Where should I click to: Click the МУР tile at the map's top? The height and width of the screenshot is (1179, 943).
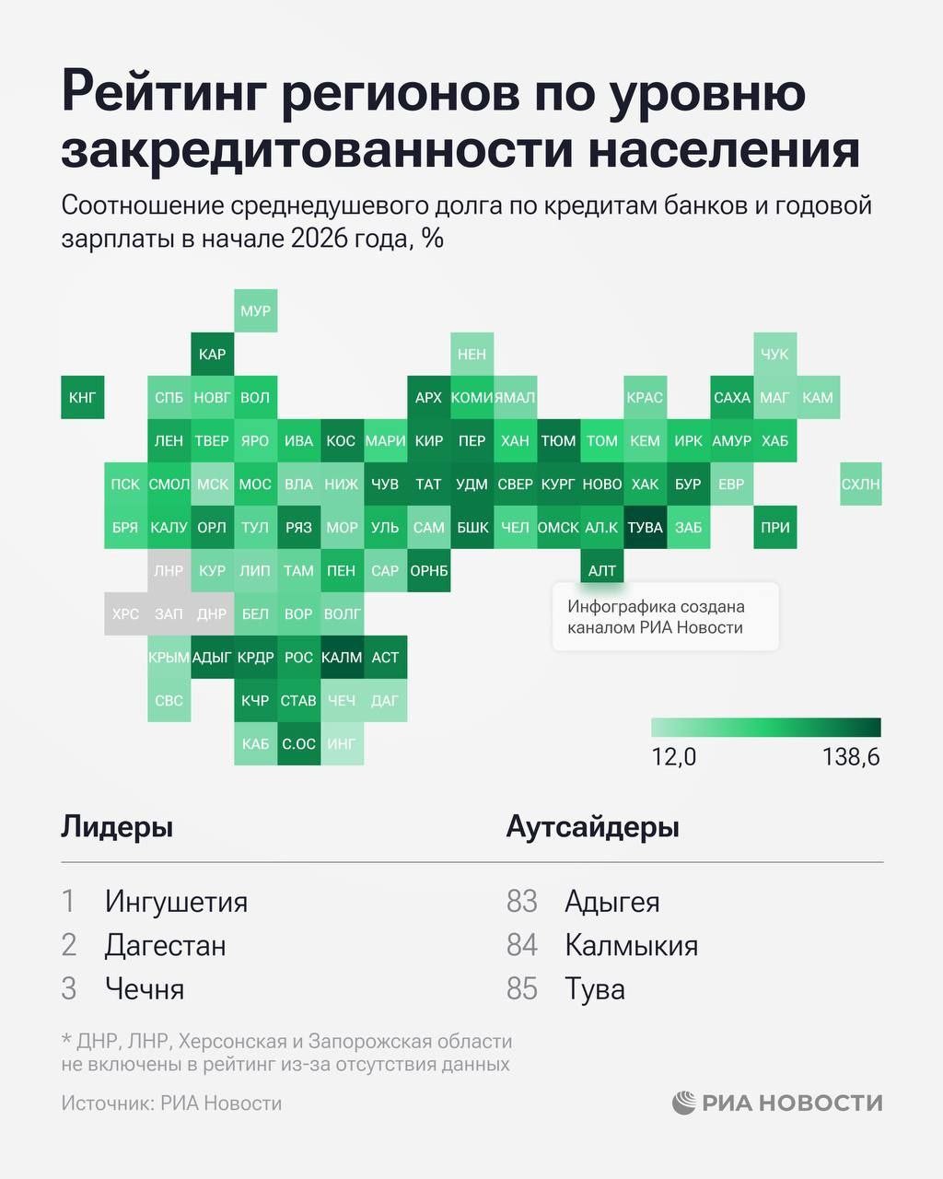pos(255,310)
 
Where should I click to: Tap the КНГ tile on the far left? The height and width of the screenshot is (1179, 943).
pos(82,398)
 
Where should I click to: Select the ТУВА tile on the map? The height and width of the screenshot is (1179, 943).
pos(645,528)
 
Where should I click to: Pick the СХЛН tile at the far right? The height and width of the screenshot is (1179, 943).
pos(860,484)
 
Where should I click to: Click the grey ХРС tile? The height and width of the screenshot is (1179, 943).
pos(125,613)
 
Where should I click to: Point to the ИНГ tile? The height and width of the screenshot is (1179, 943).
pos(342,743)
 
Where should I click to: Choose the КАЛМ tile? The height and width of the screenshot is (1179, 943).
pos(342,657)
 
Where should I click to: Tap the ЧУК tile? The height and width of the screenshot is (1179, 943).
pos(774,354)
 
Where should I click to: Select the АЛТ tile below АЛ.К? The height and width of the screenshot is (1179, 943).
pos(602,570)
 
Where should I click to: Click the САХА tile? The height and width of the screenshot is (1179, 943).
pos(731,398)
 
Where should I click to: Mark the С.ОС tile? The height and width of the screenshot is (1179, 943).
pos(298,743)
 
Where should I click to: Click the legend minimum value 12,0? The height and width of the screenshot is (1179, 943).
pos(674,757)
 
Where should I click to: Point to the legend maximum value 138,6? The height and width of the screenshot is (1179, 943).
pos(851,757)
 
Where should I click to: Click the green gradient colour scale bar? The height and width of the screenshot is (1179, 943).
pos(765,728)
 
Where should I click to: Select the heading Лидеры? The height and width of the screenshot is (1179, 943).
pos(117,826)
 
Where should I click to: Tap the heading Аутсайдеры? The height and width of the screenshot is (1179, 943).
pos(592,826)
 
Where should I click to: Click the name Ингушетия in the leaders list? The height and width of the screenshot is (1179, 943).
pos(176,901)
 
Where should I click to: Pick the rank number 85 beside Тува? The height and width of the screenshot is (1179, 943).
pos(522,988)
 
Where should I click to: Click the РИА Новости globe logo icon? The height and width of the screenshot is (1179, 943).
pos(684,1103)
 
